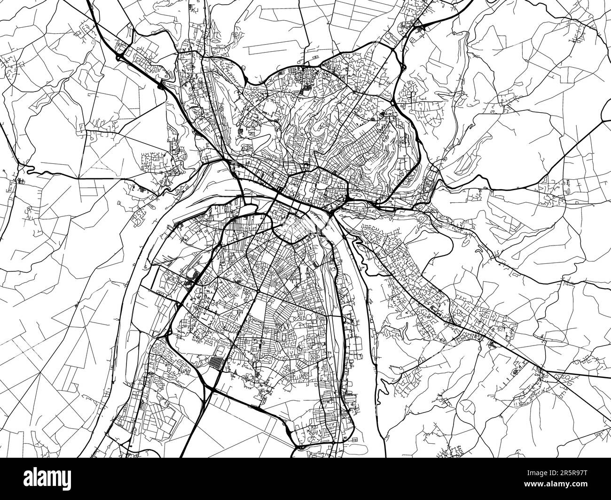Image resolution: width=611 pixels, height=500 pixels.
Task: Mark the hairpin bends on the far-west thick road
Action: (x=26, y=168)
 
